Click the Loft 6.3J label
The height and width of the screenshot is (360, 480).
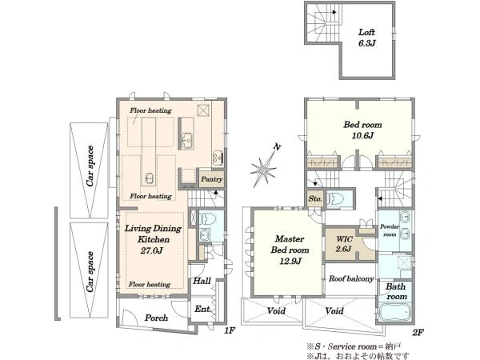point(366,38)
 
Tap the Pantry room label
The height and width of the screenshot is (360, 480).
point(211,179)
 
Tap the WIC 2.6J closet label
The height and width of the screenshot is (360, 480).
point(344,244)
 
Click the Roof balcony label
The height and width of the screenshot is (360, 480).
point(351,278)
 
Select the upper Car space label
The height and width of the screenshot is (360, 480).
point(90,166)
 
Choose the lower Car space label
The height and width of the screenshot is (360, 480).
point(90,272)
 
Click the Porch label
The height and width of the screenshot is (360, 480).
point(156,318)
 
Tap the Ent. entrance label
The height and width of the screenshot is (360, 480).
point(203,309)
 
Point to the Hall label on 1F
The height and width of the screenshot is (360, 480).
point(202,281)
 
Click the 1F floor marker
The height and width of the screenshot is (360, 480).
point(230,330)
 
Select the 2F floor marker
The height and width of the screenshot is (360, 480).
point(418,332)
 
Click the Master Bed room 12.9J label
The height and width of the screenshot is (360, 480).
point(290,250)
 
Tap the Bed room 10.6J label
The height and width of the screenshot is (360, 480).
point(362,130)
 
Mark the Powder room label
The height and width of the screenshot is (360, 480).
point(390,230)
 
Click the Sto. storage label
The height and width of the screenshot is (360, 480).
point(315,198)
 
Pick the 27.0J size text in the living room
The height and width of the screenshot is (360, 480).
point(151,250)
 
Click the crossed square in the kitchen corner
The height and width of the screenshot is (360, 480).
point(203,110)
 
